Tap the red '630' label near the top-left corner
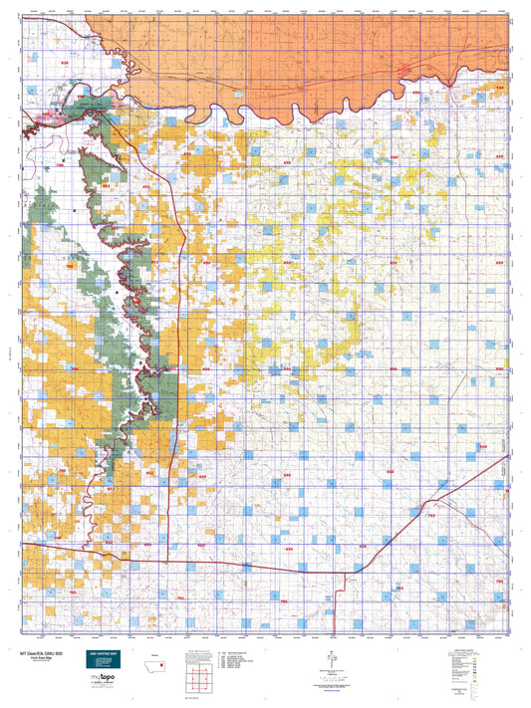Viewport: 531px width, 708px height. [x=66, y=63]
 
